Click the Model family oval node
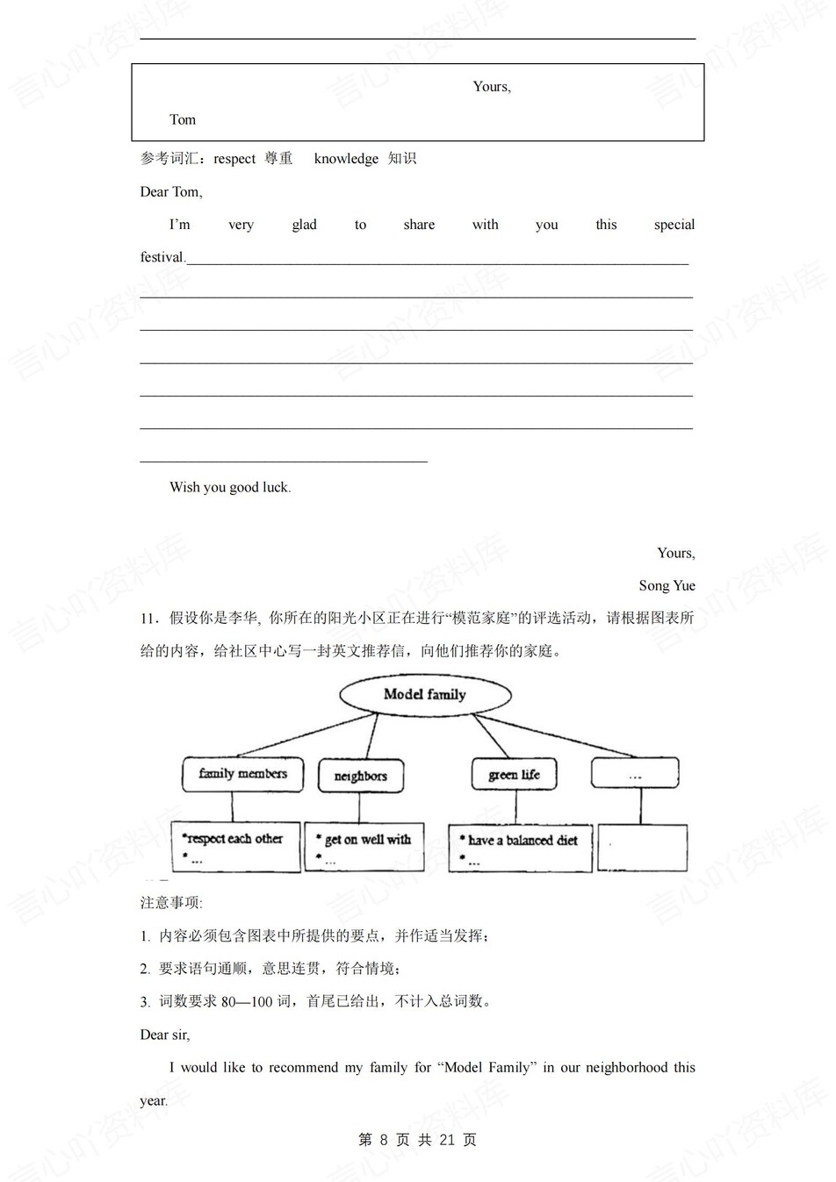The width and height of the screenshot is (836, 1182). pyautogui.click(x=425, y=694)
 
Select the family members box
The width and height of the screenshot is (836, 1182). pyautogui.click(x=242, y=774)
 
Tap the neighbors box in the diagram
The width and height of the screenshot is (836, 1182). pyautogui.click(x=360, y=776)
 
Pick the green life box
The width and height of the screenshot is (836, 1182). pyautogui.click(x=514, y=775)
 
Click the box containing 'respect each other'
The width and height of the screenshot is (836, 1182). pyautogui.click(x=235, y=847)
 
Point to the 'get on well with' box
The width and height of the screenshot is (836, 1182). pyautogui.click(x=364, y=847)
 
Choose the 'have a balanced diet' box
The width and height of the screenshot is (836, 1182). pyautogui.click(x=520, y=848)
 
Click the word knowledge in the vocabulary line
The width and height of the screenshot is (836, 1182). pyautogui.click(x=346, y=159)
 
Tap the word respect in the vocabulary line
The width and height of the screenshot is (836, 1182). pyautogui.click(x=234, y=159)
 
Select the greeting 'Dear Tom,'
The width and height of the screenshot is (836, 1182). pyautogui.click(x=171, y=192)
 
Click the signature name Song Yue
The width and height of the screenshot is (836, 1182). pyautogui.click(x=667, y=586)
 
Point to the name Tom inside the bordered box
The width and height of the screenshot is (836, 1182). pyautogui.click(x=183, y=120)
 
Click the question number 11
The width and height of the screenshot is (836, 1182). pyautogui.click(x=148, y=619)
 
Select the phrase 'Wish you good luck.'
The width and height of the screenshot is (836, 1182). pyautogui.click(x=230, y=488)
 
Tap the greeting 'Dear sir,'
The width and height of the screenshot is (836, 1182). pyautogui.click(x=165, y=1035)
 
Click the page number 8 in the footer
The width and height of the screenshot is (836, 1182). pyautogui.click(x=384, y=1140)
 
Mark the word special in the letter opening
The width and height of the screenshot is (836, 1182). pyautogui.click(x=674, y=225)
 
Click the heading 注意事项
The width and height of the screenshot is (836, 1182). pyautogui.click(x=170, y=903)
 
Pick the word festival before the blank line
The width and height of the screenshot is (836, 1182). pyautogui.click(x=162, y=258)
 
